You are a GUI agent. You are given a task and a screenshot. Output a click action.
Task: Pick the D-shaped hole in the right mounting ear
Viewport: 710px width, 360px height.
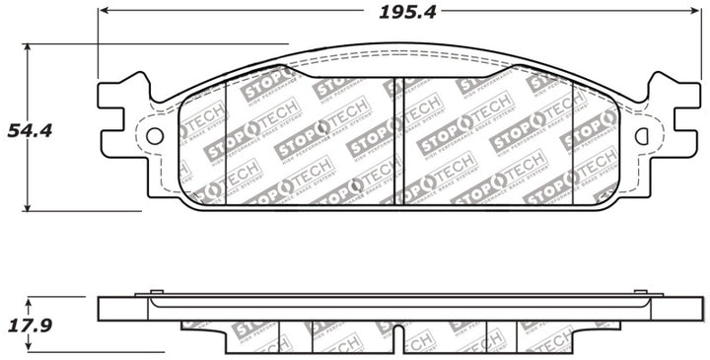[x=642, y=135]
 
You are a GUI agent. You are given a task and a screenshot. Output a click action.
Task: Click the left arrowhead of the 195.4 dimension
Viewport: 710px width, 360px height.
[x=103, y=12]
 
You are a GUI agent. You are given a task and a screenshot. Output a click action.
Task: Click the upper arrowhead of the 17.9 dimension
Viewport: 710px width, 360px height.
[x=28, y=301]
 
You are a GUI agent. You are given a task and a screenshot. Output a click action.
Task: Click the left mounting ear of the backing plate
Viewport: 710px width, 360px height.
[x=123, y=108]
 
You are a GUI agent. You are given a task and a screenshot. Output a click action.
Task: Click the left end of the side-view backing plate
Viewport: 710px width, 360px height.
[x=102, y=308]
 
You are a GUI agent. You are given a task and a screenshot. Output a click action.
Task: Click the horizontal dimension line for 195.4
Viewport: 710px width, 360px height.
[x=247, y=12]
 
